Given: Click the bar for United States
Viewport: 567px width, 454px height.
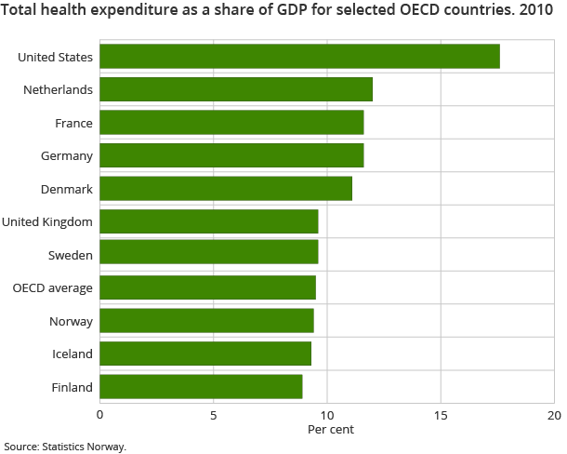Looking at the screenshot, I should click(x=299, y=57).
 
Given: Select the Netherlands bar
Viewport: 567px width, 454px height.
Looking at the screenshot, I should click(x=236, y=89).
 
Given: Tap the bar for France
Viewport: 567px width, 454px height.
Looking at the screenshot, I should click(x=231, y=123).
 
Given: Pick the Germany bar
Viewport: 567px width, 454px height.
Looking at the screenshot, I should click(x=231, y=155).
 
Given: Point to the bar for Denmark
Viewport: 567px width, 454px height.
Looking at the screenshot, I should click(x=226, y=189).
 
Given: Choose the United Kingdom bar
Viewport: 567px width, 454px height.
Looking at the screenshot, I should click(x=209, y=221).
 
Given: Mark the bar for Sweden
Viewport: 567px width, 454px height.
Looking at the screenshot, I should click(x=209, y=254).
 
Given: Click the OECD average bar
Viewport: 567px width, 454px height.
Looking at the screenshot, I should click(x=207, y=287).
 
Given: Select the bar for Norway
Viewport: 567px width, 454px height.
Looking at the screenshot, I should click(x=206, y=320).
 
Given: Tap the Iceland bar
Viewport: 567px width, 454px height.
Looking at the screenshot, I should click(x=205, y=354).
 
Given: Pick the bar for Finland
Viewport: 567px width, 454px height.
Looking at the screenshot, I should click(x=201, y=386).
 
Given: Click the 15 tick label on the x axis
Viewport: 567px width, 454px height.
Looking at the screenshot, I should click(x=441, y=415).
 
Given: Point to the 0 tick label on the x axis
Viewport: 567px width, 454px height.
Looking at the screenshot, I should click(x=100, y=415).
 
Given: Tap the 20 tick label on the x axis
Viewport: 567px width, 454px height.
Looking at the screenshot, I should click(x=554, y=415).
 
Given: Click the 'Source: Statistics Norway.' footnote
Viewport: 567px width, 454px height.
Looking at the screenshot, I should click(x=65, y=447).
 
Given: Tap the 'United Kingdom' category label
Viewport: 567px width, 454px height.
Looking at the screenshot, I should click(x=47, y=221).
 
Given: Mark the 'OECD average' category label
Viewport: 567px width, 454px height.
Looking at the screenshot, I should click(x=53, y=287).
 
